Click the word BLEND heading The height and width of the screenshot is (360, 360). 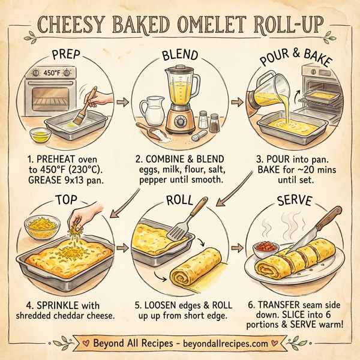[179, 57]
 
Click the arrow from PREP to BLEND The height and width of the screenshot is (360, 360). [123, 103]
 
